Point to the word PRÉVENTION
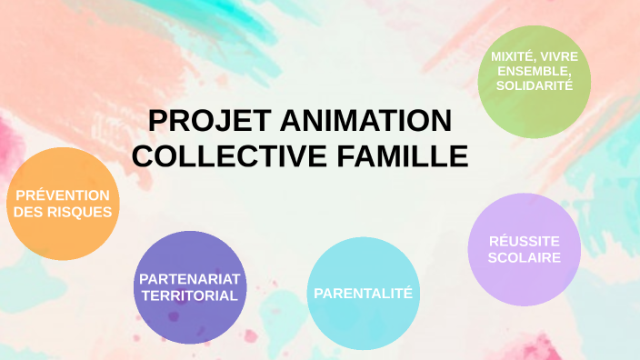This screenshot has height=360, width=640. tap(61, 195)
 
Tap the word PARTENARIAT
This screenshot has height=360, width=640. tap(190, 278)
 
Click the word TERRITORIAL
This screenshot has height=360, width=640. tap(190, 295)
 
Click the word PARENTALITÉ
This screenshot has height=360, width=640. tap(363, 293)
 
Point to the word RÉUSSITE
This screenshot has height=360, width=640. tap(523, 241)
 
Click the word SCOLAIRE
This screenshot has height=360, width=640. tap(523, 257)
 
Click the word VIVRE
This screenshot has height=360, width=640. tap(558, 56)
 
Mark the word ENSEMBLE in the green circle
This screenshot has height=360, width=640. tap(533, 71)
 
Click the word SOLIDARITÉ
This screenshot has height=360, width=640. tap(535, 85)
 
